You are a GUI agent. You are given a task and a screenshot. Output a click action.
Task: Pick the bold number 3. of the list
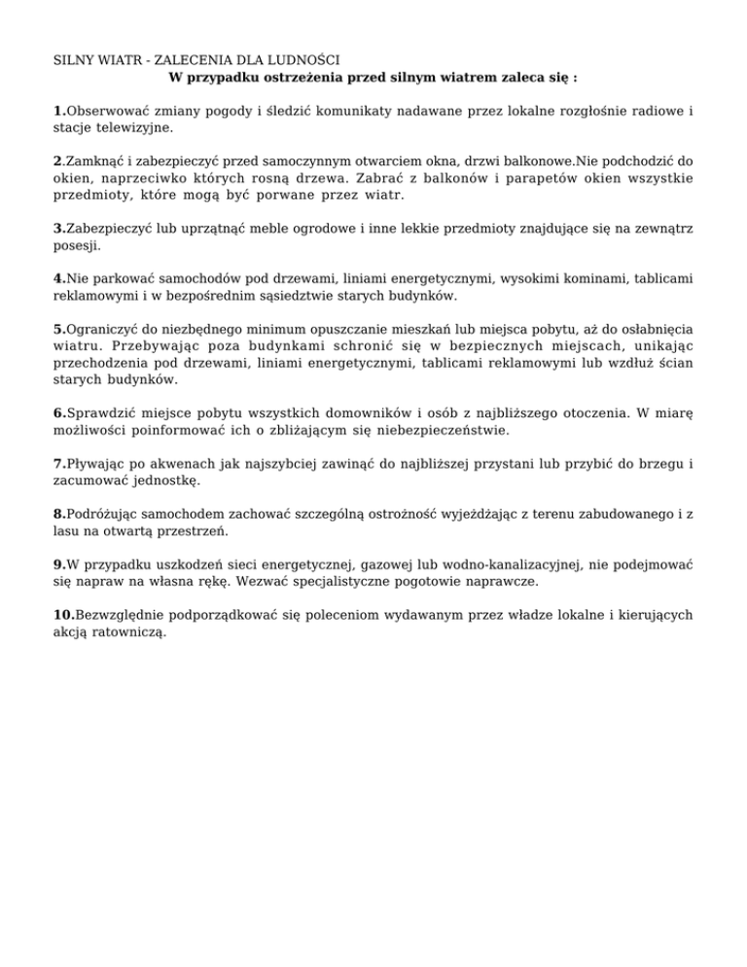59,230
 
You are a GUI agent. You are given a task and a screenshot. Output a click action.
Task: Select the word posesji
77,246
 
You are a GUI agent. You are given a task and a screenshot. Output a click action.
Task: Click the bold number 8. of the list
59,514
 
